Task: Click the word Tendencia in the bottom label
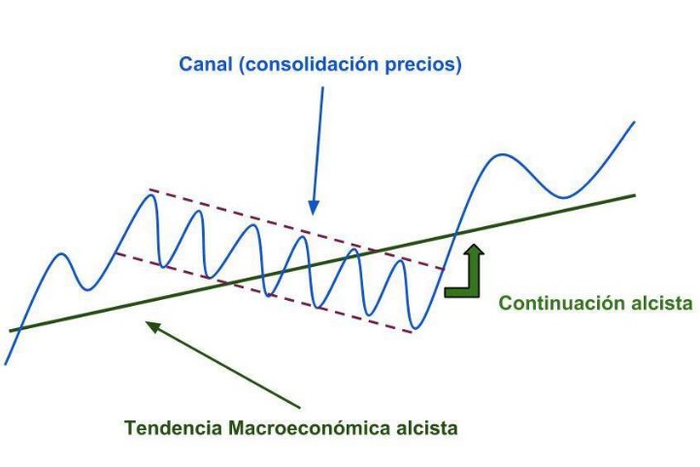[x=170, y=426]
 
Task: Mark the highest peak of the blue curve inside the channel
[x=150, y=196]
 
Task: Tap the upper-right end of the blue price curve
[x=634, y=122]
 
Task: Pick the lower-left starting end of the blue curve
[x=6, y=363]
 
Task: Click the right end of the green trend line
[x=635, y=194]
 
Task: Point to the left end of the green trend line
[x=11, y=331]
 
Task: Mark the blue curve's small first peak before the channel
[x=62, y=255]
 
